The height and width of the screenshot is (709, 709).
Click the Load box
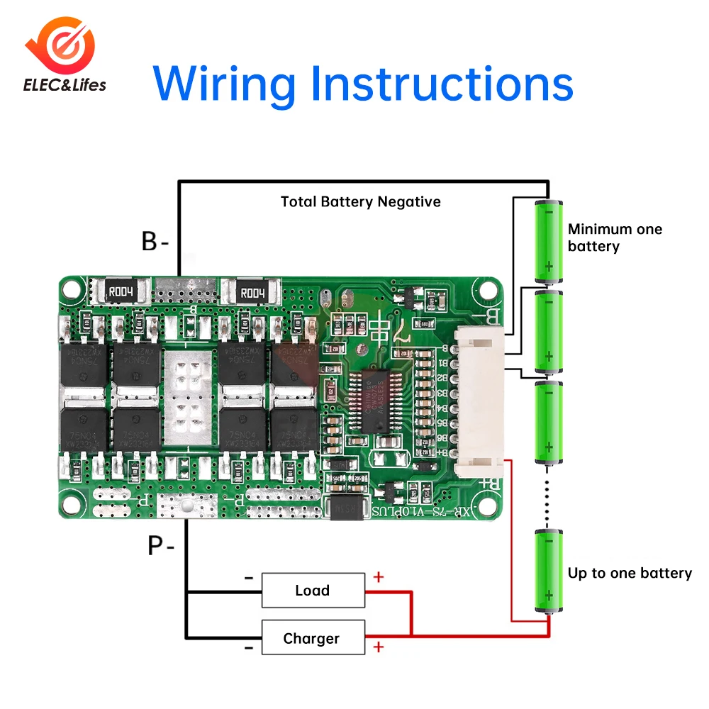pyautogui.click(x=313, y=590)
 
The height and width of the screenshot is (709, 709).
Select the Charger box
pyautogui.click(x=313, y=638)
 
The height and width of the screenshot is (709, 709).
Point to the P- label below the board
pyautogui.click(x=161, y=546)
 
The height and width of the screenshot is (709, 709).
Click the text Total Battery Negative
pyautogui.click(x=360, y=202)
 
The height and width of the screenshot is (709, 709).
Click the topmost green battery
pyautogui.click(x=548, y=241)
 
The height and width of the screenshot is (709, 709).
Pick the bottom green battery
pyautogui.click(x=548, y=571)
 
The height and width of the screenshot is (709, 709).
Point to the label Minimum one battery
pyautogui.click(x=614, y=238)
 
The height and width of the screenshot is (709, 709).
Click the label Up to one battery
pyautogui.click(x=630, y=573)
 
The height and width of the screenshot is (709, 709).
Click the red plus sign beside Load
pyautogui.click(x=379, y=576)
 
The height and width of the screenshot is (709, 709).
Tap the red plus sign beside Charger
pyautogui.click(x=379, y=647)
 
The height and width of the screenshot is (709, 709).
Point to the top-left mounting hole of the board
pyautogui.click(x=70, y=289)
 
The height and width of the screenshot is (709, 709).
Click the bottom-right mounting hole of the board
pyautogui.click(x=489, y=505)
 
